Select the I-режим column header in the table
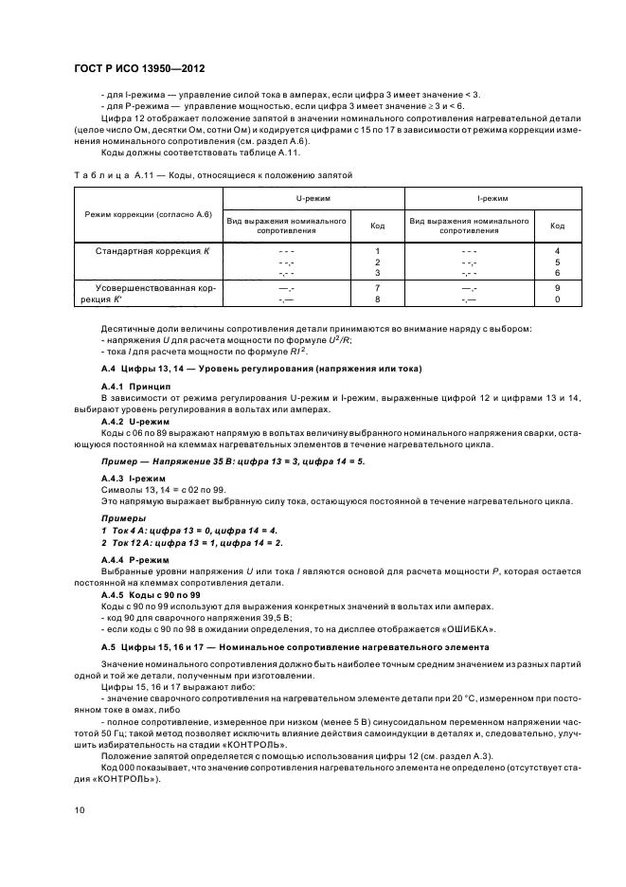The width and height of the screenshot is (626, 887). [x=493, y=200]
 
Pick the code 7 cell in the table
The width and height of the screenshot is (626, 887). [x=377, y=286]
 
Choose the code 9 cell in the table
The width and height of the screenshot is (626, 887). [x=557, y=286]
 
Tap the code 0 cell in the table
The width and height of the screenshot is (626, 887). [x=557, y=298]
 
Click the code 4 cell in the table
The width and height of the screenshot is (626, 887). [x=557, y=250]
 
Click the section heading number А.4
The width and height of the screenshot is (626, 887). [x=108, y=368]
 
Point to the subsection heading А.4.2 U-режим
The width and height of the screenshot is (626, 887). [x=134, y=420]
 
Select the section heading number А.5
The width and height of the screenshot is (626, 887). [x=108, y=646]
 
